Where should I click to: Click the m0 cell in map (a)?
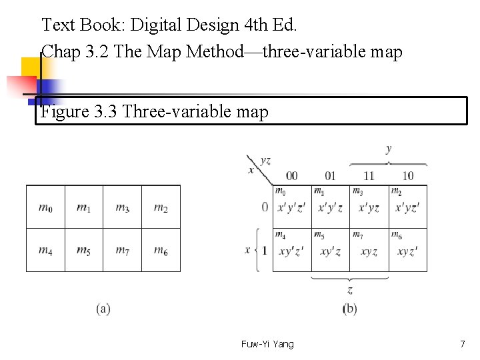(45, 207)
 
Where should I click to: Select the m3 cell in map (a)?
(122, 207)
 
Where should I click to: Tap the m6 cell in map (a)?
(161, 250)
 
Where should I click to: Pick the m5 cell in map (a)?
(83, 250)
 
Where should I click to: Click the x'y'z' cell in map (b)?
(291, 207)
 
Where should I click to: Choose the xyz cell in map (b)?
(369, 251)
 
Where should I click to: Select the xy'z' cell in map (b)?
(291, 251)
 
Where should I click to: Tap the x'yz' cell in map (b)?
(407, 207)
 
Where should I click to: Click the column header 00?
(291, 176)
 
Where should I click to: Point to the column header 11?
(369, 176)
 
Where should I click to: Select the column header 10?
(407, 176)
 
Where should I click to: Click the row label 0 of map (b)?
(265, 207)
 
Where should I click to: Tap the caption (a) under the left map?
(103, 309)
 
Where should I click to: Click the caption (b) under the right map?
(350, 309)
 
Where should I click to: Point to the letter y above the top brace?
(389, 149)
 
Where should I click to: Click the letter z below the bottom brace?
(350, 290)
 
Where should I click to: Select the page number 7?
(462, 344)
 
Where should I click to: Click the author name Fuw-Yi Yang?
(267, 344)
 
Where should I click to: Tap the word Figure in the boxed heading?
(63, 111)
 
